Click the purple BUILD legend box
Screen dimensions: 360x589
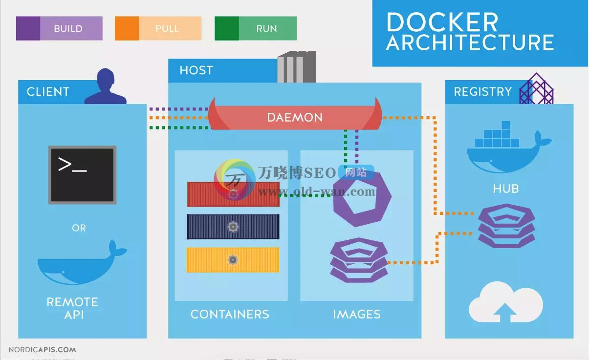point(59,28)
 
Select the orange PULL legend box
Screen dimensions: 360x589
point(158,28)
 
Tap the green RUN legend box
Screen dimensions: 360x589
point(256,28)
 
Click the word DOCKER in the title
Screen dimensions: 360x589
point(442,22)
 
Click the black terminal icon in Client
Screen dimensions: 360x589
point(82,175)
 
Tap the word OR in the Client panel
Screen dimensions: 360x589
point(79,228)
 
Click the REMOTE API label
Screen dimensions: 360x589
point(72,308)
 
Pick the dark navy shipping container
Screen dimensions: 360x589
point(233,227)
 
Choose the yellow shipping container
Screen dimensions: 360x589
point(233,260)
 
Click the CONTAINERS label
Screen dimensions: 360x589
point(230,314)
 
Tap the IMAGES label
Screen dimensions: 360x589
point(357,314)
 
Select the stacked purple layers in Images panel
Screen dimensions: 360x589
point(359,260)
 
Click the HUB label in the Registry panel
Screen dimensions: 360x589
point(506,189)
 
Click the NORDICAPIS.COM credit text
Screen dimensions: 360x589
point(42,350)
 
